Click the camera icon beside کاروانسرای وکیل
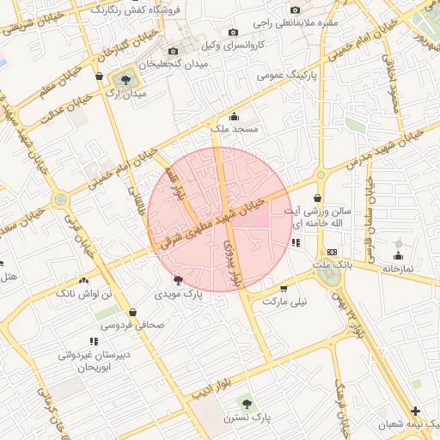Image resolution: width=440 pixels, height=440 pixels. click(172, 51)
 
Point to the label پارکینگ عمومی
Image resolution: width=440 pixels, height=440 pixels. click(283, 75)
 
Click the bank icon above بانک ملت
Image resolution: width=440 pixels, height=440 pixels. click(333, 252)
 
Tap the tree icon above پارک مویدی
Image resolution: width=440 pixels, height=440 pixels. click(178, 280)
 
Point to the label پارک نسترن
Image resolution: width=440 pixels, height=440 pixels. click(247, 417)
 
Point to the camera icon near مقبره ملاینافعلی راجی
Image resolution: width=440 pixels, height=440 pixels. click(295, 9)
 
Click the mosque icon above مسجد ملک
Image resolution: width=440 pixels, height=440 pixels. click(234, 116)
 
